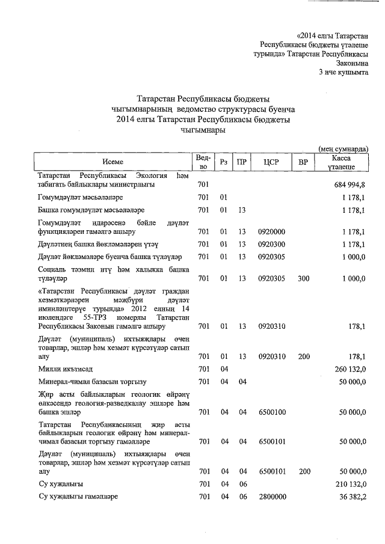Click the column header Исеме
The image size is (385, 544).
[x=112, y=162]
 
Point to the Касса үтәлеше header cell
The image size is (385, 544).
[x=343, y=162]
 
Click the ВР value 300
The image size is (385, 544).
[x=303, y=278]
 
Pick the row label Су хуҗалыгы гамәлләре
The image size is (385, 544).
[x=78, y=497]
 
